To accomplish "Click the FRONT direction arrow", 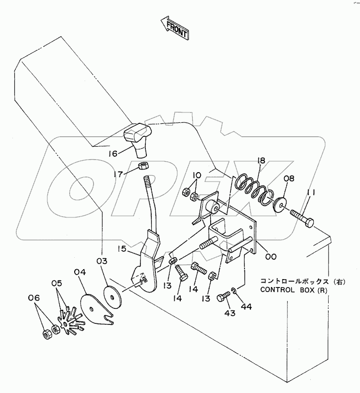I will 174,28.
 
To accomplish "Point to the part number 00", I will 271,257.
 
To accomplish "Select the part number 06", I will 33,298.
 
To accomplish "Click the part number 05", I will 58,284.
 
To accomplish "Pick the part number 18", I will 261,161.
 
